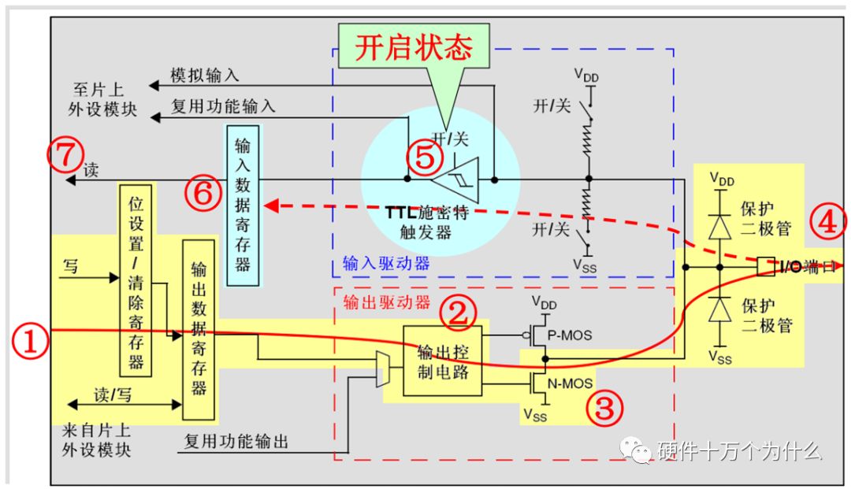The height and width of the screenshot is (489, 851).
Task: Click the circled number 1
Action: [29, 344]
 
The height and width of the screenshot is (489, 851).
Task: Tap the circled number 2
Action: [459, 313]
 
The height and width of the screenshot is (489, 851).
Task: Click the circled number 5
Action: [424, 158]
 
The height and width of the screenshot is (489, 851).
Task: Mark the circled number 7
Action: [64, 155]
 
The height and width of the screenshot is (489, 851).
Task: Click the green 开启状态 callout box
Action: [413, 47]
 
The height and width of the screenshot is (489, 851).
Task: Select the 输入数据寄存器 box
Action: [242, 204]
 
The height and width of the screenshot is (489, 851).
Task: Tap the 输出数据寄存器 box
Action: [198, 329]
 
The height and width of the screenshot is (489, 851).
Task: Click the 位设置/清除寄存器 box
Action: [136, 280]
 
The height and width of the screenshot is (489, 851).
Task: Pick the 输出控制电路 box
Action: [441, 361]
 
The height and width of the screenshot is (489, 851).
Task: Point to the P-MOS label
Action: [571, 335]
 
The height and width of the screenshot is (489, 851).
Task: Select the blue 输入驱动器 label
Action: [386, 263]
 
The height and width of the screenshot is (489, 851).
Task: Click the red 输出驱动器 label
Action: [386, 302]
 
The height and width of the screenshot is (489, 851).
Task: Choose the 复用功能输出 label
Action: [236, 442]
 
